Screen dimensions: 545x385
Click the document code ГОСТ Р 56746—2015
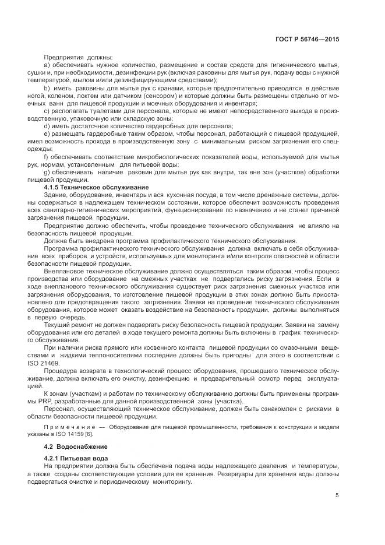(x=308, y=40)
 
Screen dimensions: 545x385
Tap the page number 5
(x=337, y=495)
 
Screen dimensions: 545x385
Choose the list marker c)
(x=47, y=110)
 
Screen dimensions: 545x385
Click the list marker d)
(x=47, y=125)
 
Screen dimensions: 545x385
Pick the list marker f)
(x=47, y=156)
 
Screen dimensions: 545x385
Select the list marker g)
(x=47, y=171)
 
